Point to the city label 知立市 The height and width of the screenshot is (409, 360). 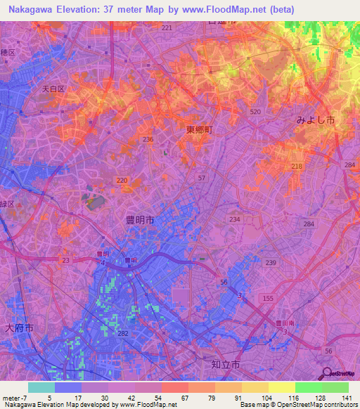[x=225, y=365]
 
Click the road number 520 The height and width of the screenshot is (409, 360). [x=255, y=112]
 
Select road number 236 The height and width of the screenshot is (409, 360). [x=148, y=139]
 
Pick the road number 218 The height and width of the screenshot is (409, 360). [x=297, y=166]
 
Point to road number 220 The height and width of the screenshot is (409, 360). [x=122, y=181]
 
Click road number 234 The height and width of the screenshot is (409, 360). [x=234, y=219]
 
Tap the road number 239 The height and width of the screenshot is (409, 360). [x=270, y=262]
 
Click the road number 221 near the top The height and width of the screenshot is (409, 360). [x=167, y=27]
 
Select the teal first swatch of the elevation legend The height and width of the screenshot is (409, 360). [x=41, y=387]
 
